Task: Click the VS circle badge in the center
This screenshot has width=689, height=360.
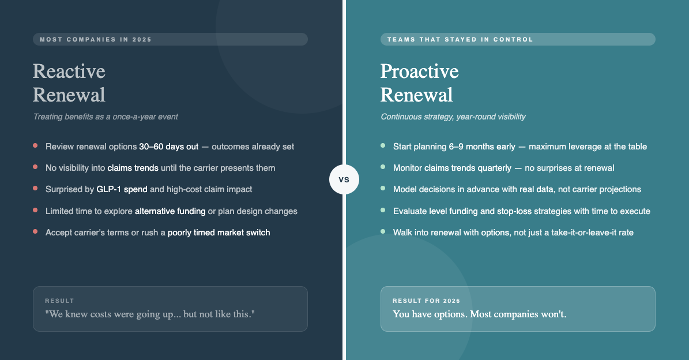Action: coord(344,179)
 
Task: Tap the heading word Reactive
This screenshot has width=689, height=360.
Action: coord(69,71)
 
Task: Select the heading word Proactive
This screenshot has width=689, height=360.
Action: coord(420,71)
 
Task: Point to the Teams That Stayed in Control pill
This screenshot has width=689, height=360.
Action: coord(518,39)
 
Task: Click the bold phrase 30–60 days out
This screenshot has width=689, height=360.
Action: coord(169,147)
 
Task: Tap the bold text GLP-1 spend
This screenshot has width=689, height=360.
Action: coord(122,189)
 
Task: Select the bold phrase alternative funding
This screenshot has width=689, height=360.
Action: coord(170,211)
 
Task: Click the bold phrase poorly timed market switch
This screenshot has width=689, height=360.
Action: coord(219,232)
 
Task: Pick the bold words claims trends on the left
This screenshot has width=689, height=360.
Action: coord(133,168)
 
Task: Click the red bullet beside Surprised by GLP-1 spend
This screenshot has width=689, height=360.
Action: coord(35,188)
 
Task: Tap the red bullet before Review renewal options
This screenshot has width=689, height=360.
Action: coord(35,145)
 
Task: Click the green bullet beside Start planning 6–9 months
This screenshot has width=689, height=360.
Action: coord(383,145)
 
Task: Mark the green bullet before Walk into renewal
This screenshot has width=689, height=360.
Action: coord(383,231)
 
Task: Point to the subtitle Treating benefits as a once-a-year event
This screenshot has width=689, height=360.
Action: coord(106,117)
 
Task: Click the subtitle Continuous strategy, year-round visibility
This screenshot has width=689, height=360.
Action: coord(453,117)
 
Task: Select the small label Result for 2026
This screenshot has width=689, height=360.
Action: coord(426,301)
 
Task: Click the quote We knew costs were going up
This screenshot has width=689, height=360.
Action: coord(150,314)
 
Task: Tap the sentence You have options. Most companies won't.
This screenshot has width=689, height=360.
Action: coord(479,314)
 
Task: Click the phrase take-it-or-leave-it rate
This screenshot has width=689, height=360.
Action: coord(592,232)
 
